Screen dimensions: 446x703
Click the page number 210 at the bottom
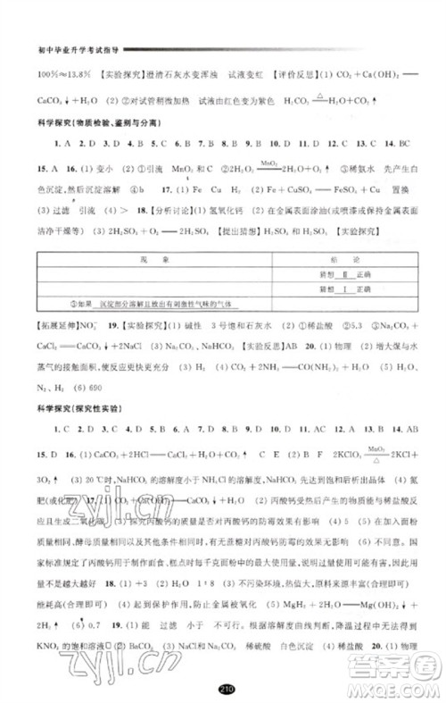(x=224, y=689)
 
